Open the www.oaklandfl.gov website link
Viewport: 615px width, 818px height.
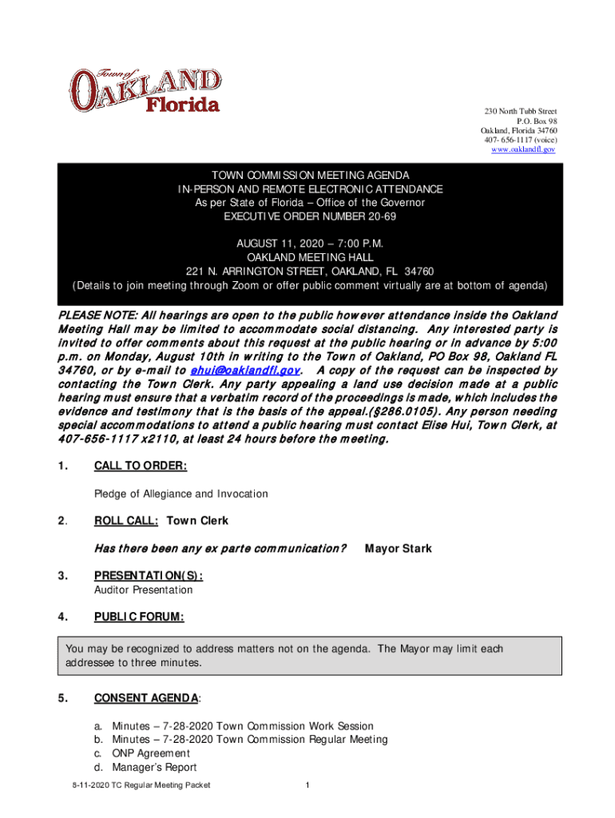(x=523, y=149)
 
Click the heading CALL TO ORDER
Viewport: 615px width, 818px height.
(x=141, y=466)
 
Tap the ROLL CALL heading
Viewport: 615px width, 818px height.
(x=126, y=521)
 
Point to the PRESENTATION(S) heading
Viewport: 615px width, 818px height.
(x=148, y=575)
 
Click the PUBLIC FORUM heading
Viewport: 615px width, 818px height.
(x=139, y=617)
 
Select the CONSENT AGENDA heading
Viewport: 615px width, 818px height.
(x=146, y=698)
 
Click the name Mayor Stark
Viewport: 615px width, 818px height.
(x=398, y=548)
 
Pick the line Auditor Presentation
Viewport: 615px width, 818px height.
(x=143, y=590)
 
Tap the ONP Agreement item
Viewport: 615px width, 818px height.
(x=151, y=753)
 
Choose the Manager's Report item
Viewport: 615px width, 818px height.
(x=154, y=767)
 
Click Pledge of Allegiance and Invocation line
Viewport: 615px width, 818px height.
(x=181, y=494)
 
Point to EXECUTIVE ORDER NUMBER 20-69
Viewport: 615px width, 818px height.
(x=310, y=216)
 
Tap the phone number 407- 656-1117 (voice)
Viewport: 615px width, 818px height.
(x=520, y=140)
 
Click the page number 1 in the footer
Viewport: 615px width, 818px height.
(x=307, y=785)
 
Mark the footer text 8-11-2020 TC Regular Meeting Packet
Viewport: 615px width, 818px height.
(x=141, y=785)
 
